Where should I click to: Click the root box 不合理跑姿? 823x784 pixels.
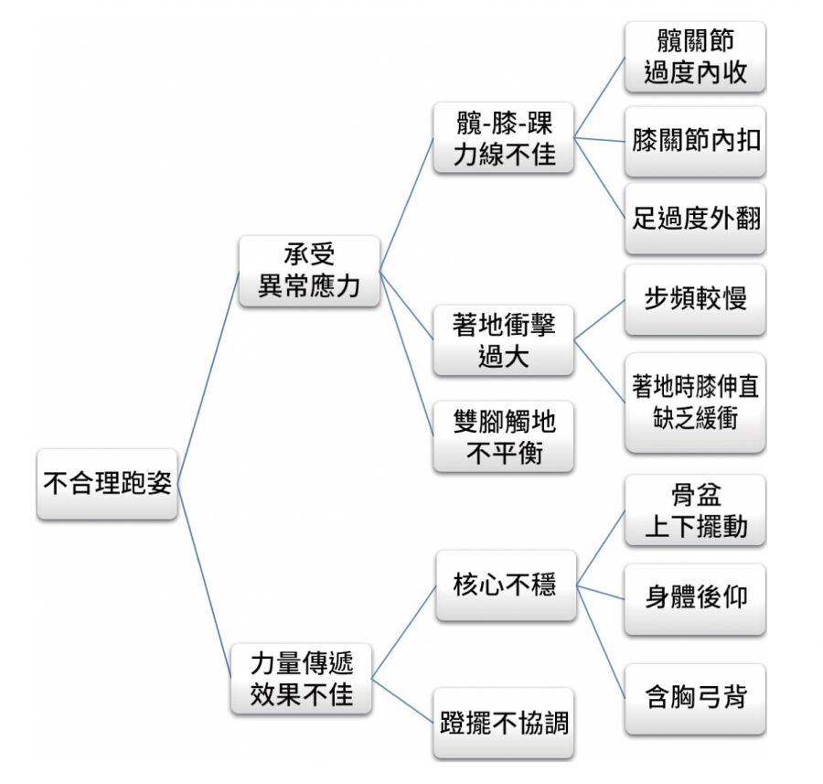(107, 484)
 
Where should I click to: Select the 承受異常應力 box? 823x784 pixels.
(309, 271)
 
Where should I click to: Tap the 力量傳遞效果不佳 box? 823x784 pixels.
(302, 678)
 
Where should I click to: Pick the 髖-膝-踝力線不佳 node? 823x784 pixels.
(504, 137)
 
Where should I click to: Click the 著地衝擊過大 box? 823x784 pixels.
(504, 340)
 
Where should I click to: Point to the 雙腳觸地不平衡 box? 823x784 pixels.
(504, 436)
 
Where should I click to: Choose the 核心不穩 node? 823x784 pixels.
(506, 585)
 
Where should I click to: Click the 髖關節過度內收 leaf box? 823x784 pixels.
(695, 57)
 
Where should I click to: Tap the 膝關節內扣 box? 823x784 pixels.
(695, 142)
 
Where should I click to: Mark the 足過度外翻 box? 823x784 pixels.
(695, 219)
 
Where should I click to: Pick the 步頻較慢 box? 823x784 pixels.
(695, 300)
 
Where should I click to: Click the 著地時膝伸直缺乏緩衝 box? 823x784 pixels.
(695, 402)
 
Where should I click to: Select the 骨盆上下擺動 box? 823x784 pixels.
(695, 510)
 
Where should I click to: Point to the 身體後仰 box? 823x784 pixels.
(695, 598)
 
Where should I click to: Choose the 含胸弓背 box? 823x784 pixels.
(695, 698)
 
